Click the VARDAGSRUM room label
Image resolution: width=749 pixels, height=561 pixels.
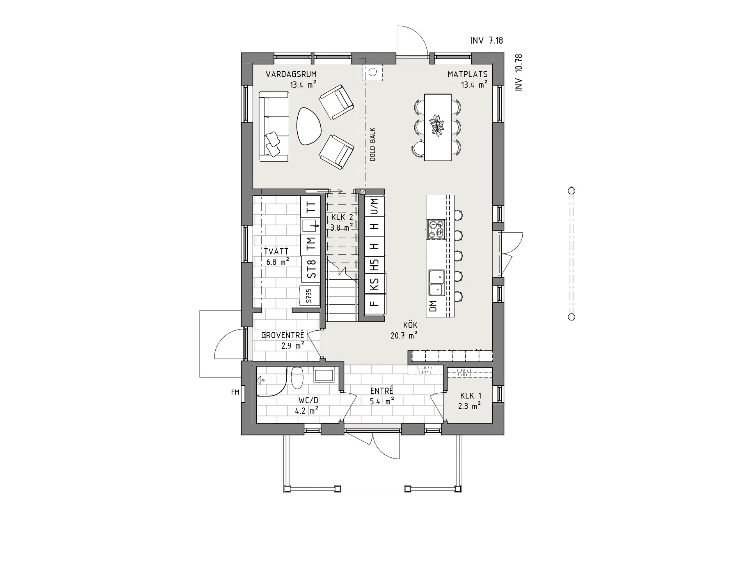pos(291,74)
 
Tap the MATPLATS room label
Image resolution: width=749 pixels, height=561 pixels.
pos(467,74)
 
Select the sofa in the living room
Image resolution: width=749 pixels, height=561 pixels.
pos(274,126)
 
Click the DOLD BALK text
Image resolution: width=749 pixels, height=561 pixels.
pos(373,144)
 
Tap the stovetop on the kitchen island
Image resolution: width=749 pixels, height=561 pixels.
pos(436,229)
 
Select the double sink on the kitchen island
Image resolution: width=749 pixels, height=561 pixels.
pos(436,283)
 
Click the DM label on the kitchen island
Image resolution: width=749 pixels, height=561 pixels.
pos(433,306)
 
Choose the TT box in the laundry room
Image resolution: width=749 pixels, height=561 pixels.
pos(311,207)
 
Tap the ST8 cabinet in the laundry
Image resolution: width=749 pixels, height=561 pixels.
pos(311,269)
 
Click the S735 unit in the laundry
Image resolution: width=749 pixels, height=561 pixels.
pos(309,296)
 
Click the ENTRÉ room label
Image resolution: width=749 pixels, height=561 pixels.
pos(382,391)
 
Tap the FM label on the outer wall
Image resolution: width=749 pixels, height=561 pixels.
pos(235,393)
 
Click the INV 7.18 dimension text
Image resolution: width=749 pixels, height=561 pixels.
pos(487,41)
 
